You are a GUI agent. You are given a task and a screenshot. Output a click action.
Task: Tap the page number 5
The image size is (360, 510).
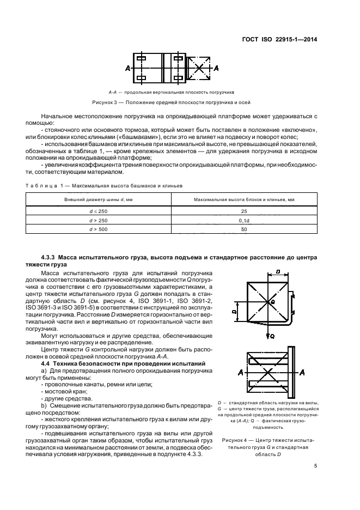pyautogui.click(x=315, y=466)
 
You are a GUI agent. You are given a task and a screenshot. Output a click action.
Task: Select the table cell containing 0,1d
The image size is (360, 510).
pyautogui.click(x=244, y=220)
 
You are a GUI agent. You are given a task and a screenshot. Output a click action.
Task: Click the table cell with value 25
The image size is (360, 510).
pyautogui.click(x=244, y=210)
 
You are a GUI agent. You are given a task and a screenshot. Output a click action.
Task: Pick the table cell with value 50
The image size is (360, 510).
pyautogui.click(x=244, y=230)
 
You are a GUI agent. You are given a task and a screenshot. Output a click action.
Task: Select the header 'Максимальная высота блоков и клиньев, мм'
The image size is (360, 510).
pyautogui.click(x=244, y=200)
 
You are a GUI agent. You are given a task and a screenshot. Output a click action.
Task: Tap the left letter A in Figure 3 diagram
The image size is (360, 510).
pyautogui.click(x=127, y=69)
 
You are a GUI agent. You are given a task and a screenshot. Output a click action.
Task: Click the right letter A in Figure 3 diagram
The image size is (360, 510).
pyautogui.click(x=216, y=69)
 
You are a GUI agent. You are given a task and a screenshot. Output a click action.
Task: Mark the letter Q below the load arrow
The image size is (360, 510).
pyautogui.click(x=272, y=337)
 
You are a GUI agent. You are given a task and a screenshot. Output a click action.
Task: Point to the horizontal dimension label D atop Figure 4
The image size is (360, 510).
pyautogui.click(x=278, y=271)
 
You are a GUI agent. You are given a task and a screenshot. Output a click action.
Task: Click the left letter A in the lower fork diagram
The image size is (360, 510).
pyautogui.click(x=240, y=372)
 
